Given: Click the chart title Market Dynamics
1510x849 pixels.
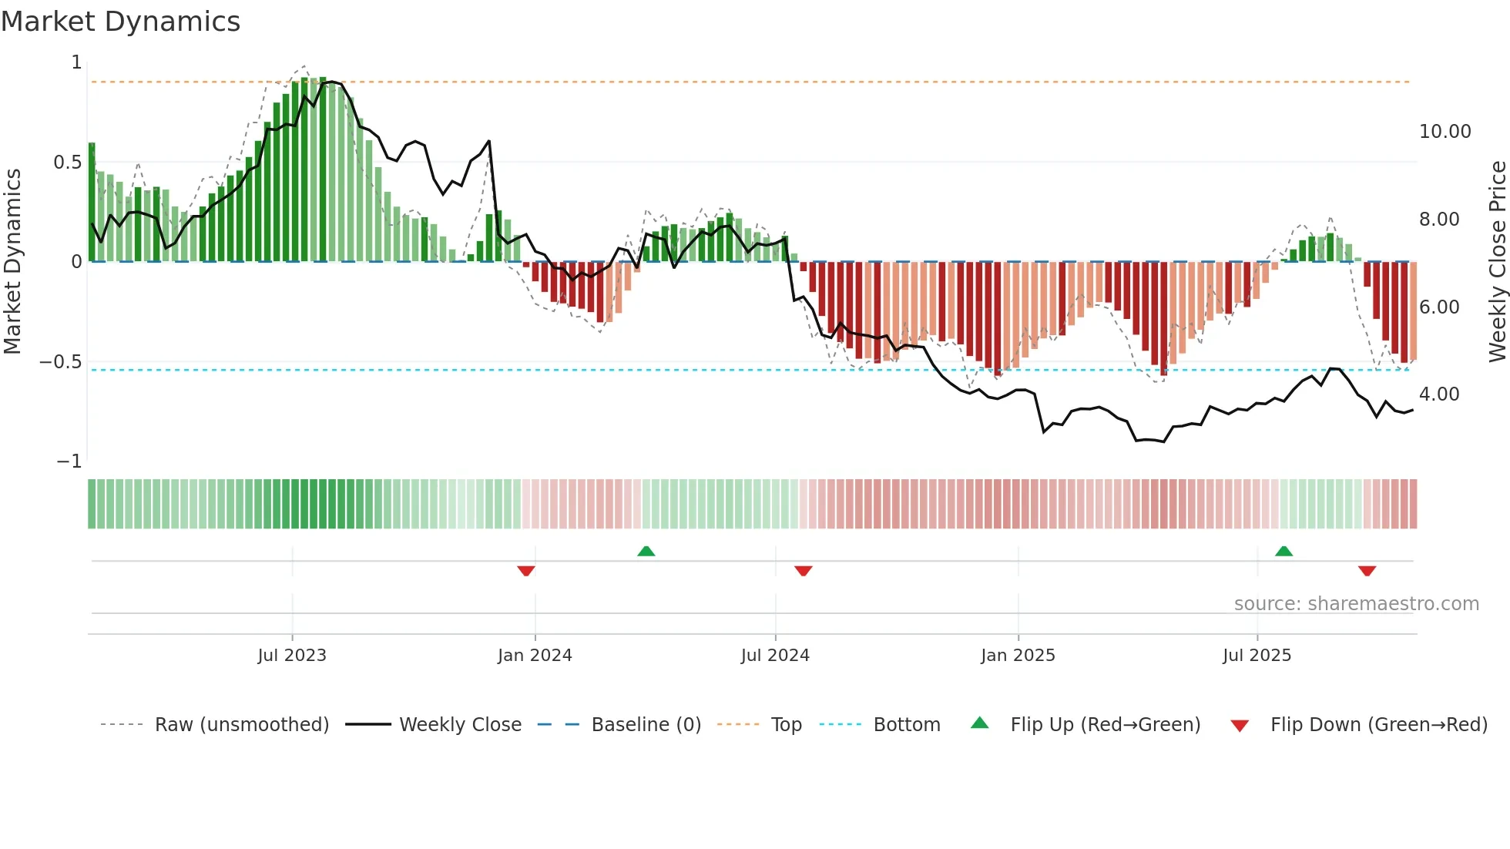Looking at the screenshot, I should click(x=120, y=22).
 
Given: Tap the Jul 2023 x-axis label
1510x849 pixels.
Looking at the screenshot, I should click(x=292, y=656).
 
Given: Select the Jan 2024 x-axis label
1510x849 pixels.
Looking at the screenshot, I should click(x=535, y=656).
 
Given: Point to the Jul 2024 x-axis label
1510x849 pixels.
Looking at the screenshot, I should click(x=775, y=656).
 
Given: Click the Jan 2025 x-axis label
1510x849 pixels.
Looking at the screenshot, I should click(x=1018, y=656).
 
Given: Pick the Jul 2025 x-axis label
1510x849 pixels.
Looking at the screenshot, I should click(x=1257, y=656).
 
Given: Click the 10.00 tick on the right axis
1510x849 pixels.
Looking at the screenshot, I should click(x=1445, y=132).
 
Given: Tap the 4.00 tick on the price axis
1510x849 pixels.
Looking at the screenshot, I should click(x=1438, y=394).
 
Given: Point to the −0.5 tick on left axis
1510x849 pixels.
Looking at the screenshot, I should click(x=60, y=362).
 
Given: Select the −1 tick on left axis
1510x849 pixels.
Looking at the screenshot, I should click(x=69, y=461).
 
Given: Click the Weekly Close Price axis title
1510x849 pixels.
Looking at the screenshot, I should click(x=1497, y=261).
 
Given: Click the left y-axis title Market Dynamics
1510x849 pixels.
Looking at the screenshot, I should click(x=12, y=261).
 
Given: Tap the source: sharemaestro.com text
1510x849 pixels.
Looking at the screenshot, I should click(x=1356, y=604).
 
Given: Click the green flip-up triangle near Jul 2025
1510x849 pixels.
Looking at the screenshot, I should click(x=1283, y=552).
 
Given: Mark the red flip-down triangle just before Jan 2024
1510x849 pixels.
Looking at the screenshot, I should click(x=526, y=571).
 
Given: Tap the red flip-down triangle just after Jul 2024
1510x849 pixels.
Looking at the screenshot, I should click(x=803, y=571).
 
